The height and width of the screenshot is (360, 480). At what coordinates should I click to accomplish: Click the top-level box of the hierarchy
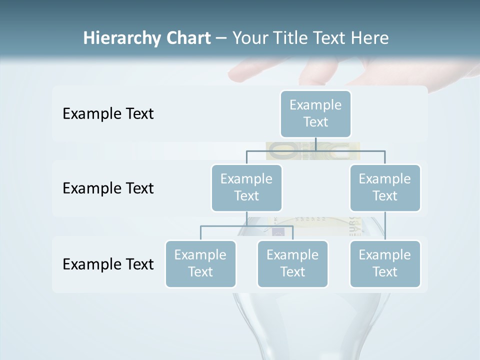pos(315,113)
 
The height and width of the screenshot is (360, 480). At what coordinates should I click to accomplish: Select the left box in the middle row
pos(246,187)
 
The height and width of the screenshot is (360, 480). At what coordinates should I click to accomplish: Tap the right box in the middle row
pos(385,187)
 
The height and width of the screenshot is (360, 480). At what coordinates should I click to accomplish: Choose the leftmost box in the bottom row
pos(200,263)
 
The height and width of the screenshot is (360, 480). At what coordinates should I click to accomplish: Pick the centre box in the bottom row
pos(292,263)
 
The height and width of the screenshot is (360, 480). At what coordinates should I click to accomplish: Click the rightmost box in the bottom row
pos(385,263)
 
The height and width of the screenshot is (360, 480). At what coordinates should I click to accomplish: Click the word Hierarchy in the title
pos(122,38)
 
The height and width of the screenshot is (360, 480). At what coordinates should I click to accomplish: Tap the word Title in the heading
pos(291,38)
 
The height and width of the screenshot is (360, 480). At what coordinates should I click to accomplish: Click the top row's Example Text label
pos(108,114)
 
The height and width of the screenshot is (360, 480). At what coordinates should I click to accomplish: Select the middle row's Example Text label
pos(108,188)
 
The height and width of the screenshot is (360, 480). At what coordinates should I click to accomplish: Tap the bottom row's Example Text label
pos(108,264)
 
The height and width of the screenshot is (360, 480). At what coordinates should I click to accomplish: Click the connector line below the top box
pos(315,144)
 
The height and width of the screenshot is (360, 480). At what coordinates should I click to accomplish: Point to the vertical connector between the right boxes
pos(385,226)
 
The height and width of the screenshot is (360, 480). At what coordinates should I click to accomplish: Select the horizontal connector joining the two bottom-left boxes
pos(246,226)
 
